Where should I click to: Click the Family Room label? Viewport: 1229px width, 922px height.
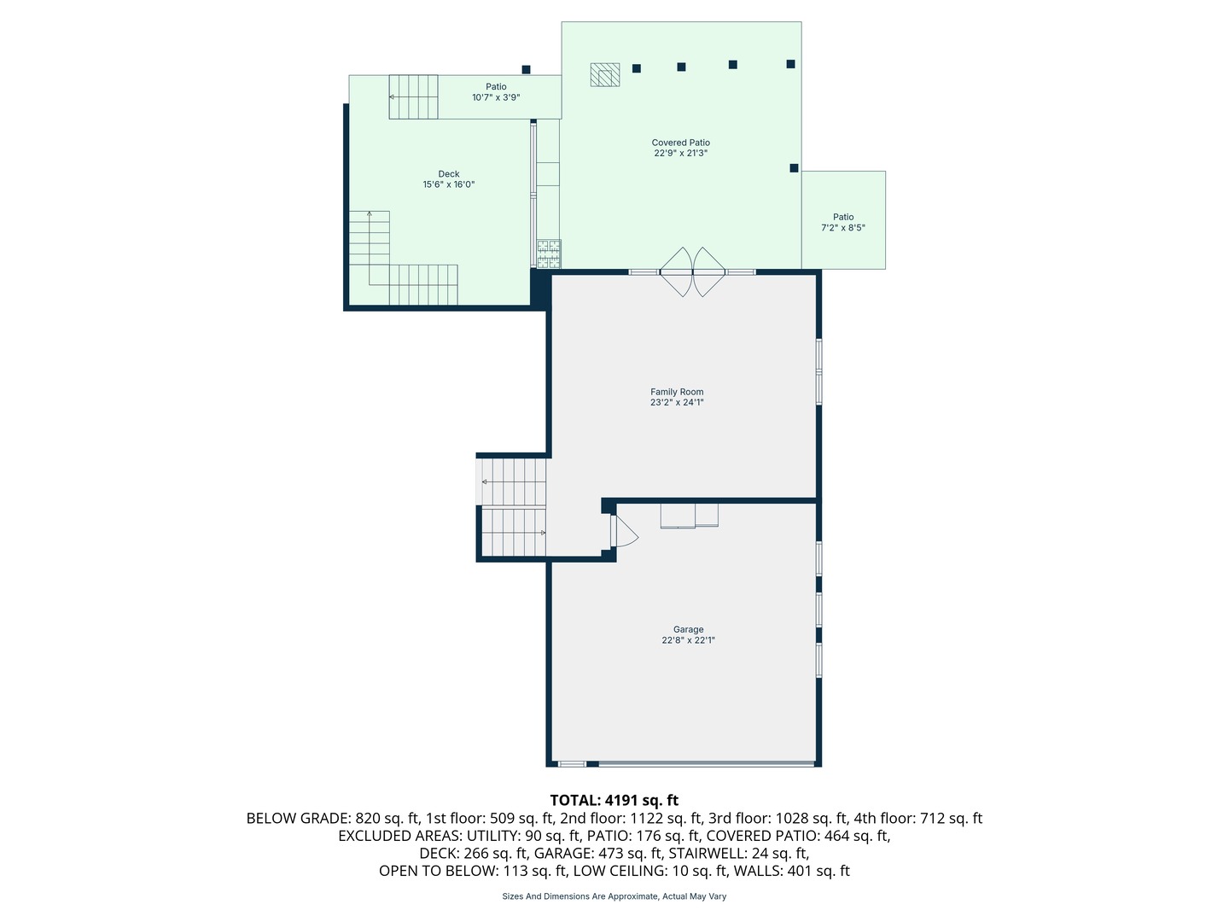(676, 392)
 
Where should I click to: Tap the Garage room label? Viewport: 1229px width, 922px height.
(688, 629)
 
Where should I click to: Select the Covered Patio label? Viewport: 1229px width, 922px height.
(680, 143)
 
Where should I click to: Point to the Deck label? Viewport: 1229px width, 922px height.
(448, 174)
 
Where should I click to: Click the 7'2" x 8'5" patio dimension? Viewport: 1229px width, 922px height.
(842, 228)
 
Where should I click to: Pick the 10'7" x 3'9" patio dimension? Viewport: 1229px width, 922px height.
(496, 97)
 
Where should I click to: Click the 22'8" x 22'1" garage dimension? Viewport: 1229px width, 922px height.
(688, 640)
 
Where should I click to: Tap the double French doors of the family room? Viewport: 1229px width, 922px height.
(693, 272)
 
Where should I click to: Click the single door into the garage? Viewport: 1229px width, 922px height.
(624, 531)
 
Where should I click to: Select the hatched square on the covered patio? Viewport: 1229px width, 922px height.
(605, 74)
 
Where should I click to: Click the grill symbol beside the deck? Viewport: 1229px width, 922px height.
(549, 254)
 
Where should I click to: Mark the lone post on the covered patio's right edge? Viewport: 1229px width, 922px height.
(794, 168)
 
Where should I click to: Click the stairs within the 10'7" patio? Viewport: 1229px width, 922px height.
(413, 96)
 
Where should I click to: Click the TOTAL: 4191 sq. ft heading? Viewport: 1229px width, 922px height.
(614, 801)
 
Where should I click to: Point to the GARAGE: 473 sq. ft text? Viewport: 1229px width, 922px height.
(597, 853)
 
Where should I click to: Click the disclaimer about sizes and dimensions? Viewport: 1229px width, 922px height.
(614, 896)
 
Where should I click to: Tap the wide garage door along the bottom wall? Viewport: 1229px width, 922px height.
(706, 763)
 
